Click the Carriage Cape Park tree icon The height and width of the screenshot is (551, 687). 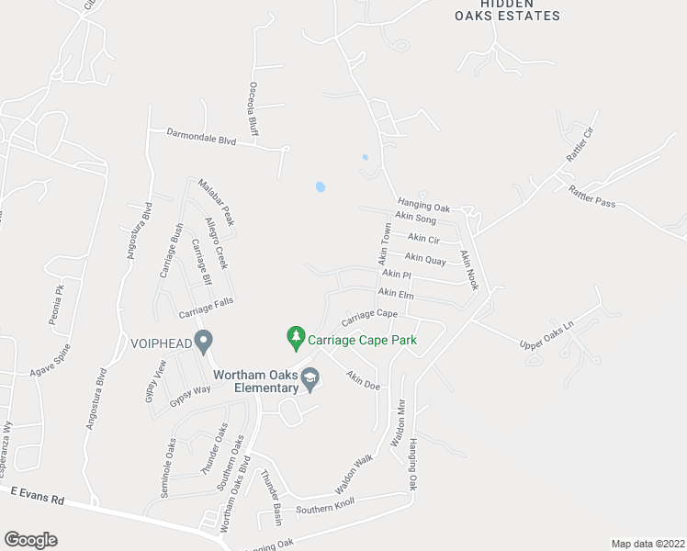click(x=296, y=339)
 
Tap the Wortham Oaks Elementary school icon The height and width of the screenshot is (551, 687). click(x=310, y=379)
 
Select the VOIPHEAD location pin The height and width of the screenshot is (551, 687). click(x=204, y=340)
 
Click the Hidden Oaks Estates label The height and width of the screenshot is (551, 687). click(x=507, y=9)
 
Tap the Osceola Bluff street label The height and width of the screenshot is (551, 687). click(x=253, y=107)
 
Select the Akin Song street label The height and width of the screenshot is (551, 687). click(x=415, y=218)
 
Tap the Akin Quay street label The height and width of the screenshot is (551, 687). click(x=425, y=259)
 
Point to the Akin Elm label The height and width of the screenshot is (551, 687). click(x=396, y=294)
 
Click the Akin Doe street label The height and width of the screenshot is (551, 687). click(x=363, y=379)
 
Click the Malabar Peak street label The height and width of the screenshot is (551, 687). click(x=217, y=202)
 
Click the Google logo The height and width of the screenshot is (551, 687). click(x=30, y=539)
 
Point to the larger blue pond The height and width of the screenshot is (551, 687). click(x=320, y=186)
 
